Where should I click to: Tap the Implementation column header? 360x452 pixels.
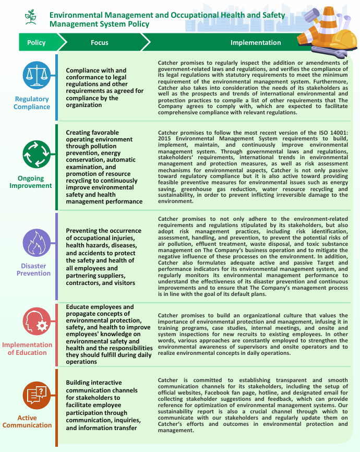(256, 43)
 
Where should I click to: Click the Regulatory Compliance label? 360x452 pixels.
(32, 103)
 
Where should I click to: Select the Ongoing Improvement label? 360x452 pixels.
(31, 182)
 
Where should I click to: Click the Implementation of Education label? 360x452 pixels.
(27, 349)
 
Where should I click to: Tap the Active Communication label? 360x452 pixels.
(27, 421)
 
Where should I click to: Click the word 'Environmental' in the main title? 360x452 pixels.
(76, 15)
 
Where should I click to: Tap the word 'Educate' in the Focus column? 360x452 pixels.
(79, 307)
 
